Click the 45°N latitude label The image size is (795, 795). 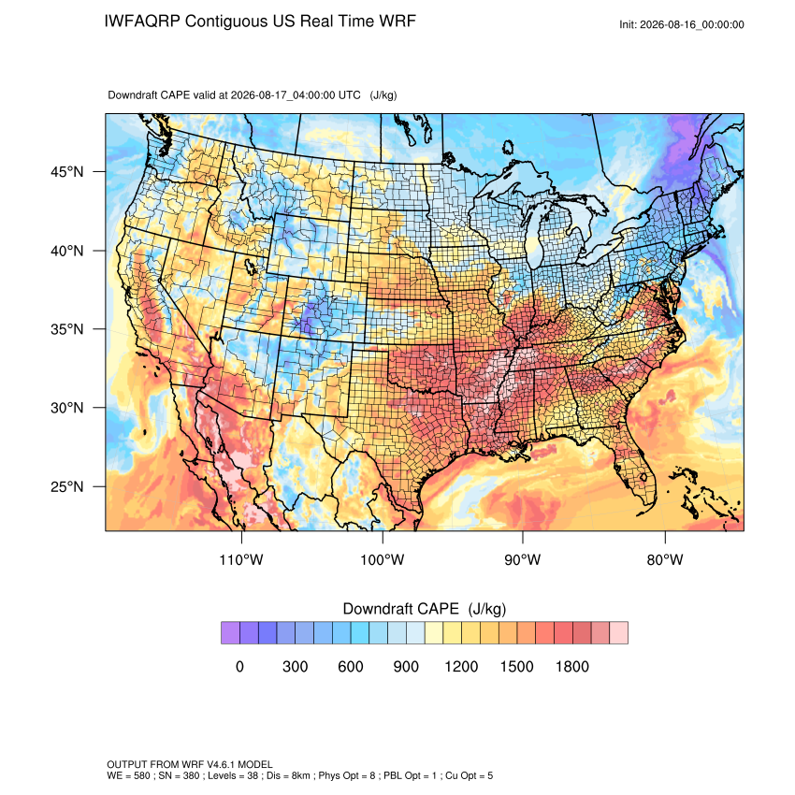tap(67, 172)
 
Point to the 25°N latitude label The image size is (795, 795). tap(67, 486)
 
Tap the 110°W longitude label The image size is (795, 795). tap(241, 559)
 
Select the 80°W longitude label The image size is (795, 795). tap(665, 559)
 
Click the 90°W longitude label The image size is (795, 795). tap(523, 559)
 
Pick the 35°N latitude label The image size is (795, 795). tap(67, 329)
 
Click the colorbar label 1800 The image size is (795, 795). tap(571, 666)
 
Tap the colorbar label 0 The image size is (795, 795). tap(239, 666)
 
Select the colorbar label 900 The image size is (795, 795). tap(406, 666)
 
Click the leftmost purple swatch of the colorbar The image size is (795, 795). tap(230, 633)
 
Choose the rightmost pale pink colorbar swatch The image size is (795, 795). tap(618, 633)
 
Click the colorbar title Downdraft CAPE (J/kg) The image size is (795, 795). tap(425, 609)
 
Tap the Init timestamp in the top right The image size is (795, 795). tap(682, 25)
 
